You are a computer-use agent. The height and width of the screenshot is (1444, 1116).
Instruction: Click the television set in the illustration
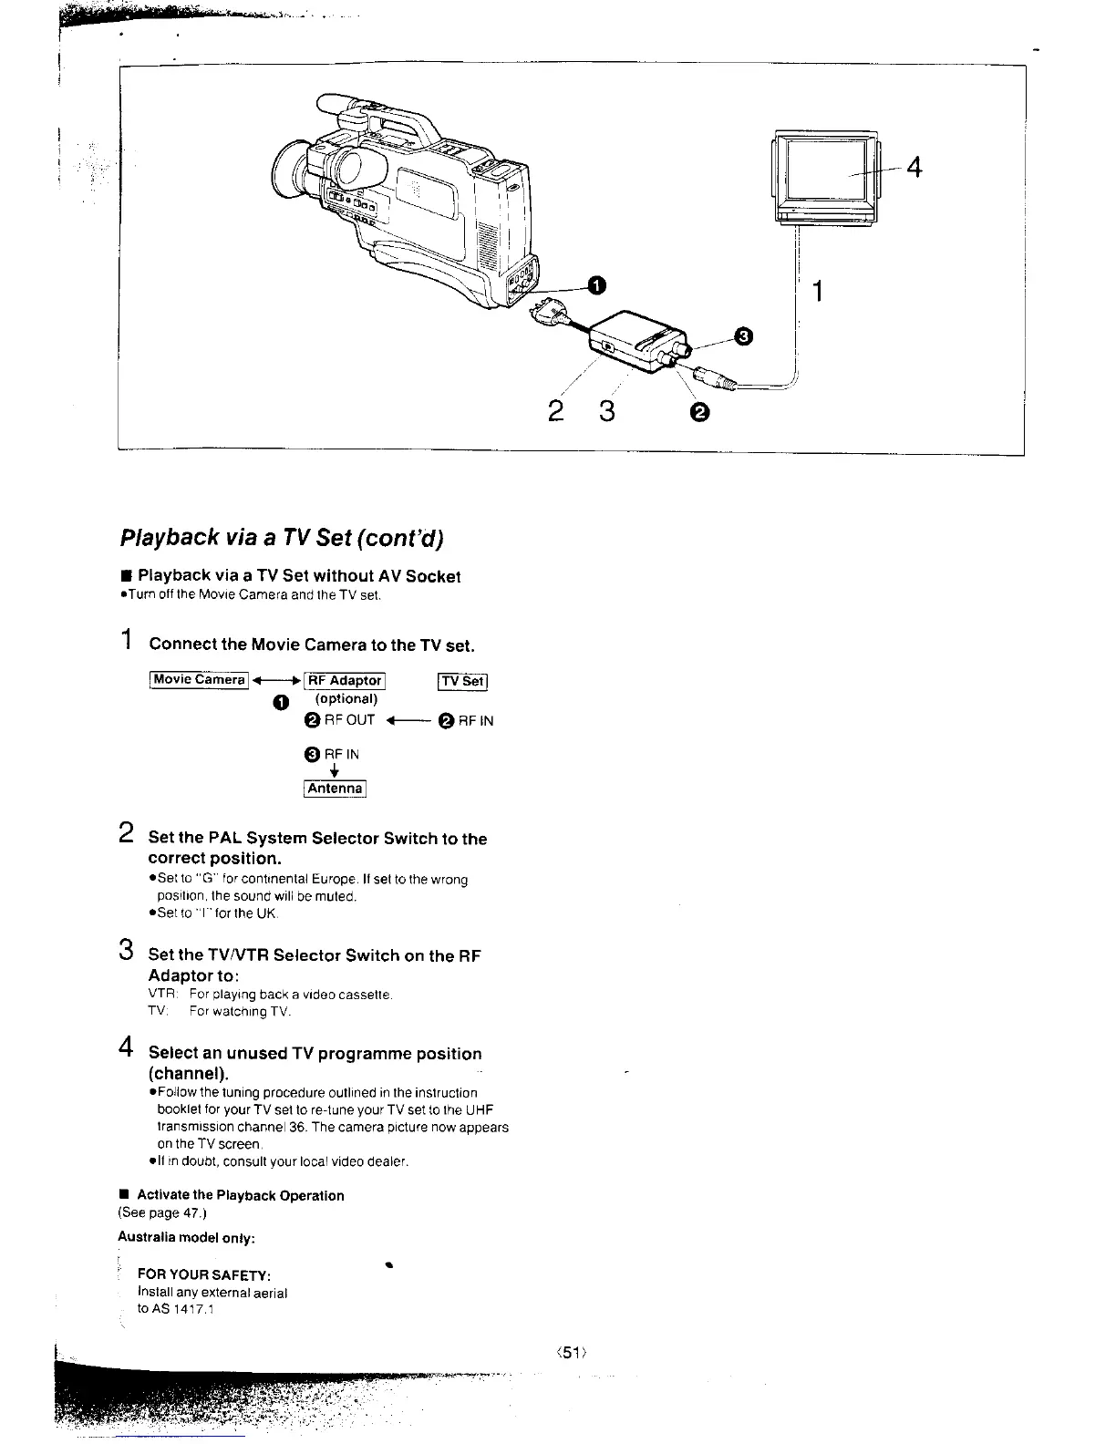coord(826,178)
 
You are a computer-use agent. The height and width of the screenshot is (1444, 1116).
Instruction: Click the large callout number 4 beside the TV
coord(914,168)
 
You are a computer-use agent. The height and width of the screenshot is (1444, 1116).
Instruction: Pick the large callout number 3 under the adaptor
coord(606,412)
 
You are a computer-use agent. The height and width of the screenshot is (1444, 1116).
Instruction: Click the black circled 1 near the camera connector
coord(595,286)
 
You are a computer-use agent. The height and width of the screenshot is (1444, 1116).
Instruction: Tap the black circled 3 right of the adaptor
coord(743,338)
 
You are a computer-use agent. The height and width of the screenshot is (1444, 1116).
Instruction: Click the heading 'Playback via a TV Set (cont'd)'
coord(282,537)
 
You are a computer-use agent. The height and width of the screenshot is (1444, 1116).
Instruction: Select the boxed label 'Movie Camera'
coord(199,680)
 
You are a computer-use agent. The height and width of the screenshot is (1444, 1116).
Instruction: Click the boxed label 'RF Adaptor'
coord(344,680)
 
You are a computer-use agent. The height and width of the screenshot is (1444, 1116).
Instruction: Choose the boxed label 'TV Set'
coord(464,680)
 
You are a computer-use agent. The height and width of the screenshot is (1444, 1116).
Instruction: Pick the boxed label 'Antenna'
coord(335,789)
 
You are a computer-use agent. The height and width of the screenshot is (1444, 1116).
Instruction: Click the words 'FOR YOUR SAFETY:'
coord(204,1274)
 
